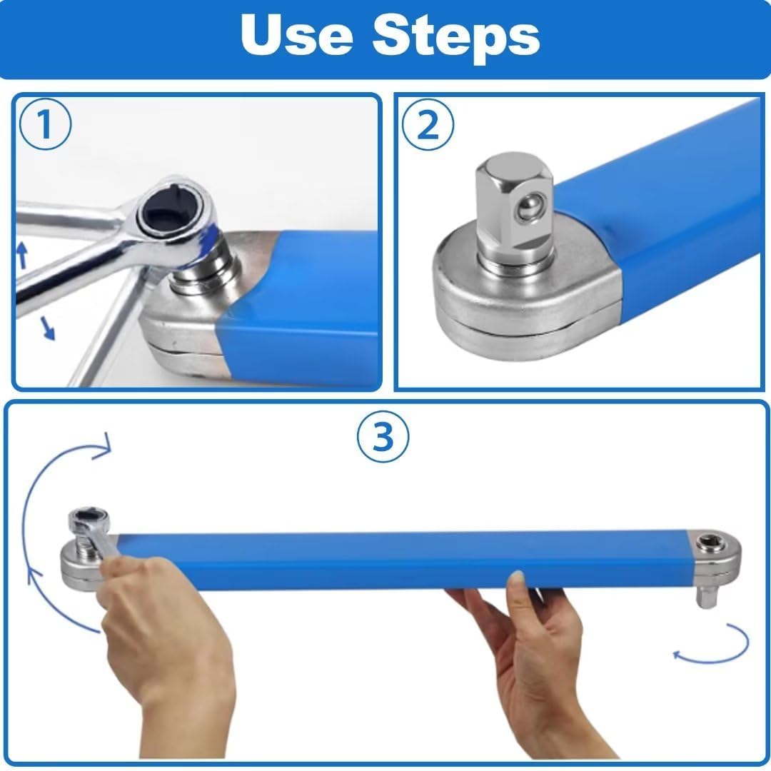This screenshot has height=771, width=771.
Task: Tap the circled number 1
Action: pos(44,126)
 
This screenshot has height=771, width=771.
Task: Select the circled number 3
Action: pos(383,437)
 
